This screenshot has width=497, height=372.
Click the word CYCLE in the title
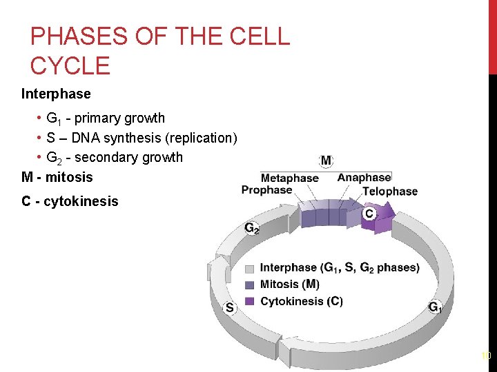70,66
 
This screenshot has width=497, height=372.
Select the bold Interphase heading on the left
56,93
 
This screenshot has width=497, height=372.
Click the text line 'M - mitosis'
57,177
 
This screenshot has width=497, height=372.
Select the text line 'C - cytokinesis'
70,202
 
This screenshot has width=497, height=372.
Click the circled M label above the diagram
326,161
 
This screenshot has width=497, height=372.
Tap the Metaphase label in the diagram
290,178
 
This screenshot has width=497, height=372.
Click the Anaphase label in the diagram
364,178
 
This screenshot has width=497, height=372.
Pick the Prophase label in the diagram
266,190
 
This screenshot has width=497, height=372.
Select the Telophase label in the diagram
390,191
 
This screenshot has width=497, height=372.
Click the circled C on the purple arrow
369,214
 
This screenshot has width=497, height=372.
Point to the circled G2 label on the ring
252,228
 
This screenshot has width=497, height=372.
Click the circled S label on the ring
229,307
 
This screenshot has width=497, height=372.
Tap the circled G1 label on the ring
435,307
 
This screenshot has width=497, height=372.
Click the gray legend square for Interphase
249,268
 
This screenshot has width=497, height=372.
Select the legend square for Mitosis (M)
249,285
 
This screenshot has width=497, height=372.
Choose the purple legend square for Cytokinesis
249,301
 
